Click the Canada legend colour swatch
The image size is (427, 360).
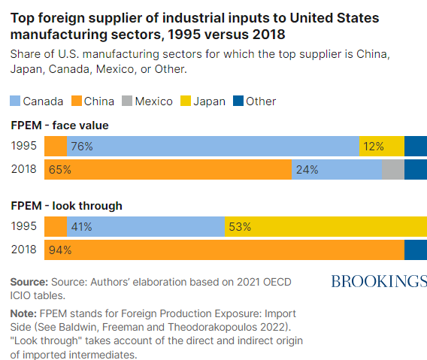[15, 101]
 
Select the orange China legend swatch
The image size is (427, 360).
[77, 101]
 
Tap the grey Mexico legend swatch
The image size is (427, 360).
[127, 101]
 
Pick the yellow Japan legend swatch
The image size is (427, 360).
[186, 101]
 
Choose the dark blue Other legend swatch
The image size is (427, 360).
[238, 101]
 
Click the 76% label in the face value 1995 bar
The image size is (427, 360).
[82, 147]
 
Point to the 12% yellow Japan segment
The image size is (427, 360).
[382, 147]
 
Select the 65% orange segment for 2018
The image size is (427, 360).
[168, 169]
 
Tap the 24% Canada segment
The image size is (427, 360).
[337, 169]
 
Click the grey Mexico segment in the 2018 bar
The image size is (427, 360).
[393, 169]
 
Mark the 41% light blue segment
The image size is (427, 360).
[146, 226]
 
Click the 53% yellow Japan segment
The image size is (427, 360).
[326, 226]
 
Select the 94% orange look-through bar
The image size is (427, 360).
[224, 250]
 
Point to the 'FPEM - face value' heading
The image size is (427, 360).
[59, 126]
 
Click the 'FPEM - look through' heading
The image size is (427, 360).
[66, 206]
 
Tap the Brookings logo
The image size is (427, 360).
[379, 281]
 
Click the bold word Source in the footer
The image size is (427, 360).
[29, 282]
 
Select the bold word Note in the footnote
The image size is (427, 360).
[23, 313]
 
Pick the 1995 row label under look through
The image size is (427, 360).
[24, 226]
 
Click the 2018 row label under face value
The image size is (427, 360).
[24, 169]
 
